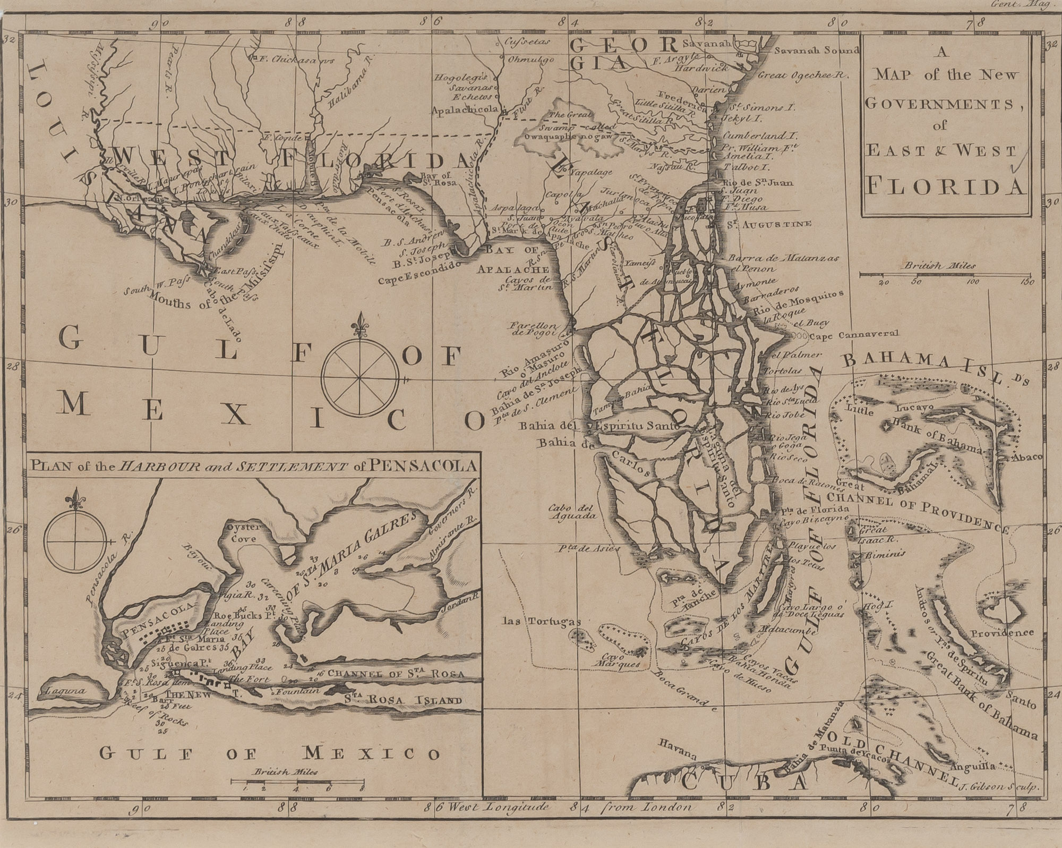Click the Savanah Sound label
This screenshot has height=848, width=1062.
(816, 51)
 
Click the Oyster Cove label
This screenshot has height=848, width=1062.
(242, 533)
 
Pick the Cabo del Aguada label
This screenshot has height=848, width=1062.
(568, 511)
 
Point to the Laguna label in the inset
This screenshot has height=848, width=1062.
(62, 691)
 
